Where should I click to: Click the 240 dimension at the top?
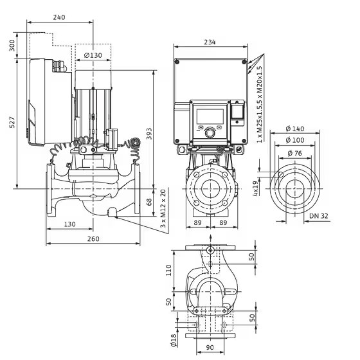(59, 17)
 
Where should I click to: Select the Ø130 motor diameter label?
(93, 55)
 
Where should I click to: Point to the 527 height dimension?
(12, 122)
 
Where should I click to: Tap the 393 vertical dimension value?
(149, 134)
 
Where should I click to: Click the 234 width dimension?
(210, 42)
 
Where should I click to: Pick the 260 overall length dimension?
(93, 239)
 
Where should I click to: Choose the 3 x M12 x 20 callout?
(163, 208)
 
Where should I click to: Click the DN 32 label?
(319, 216)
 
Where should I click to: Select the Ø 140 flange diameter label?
(295, 129)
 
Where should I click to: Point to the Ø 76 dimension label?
(295, 153)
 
